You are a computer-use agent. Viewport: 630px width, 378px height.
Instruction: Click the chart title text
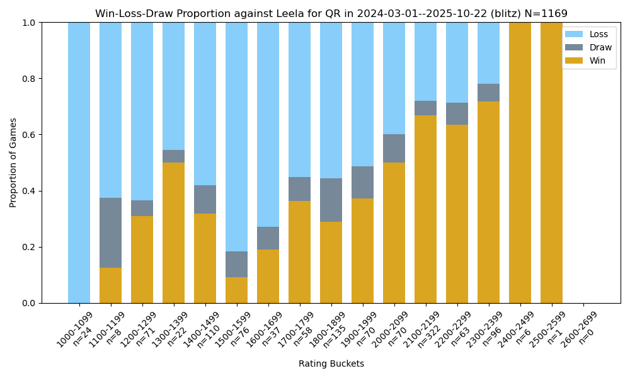click(x=331, y=13)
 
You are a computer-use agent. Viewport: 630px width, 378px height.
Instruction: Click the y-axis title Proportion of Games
click(x=13, y=163)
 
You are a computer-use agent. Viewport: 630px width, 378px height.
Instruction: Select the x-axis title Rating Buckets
click(x=331, y=364)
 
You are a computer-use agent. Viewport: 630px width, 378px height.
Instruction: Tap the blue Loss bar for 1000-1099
click(x=79, y=163)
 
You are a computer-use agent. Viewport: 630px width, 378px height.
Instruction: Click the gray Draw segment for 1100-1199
click(x=111, y=232)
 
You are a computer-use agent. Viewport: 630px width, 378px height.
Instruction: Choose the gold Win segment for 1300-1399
click(x=174, y=232)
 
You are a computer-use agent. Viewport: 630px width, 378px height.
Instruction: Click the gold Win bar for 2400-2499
click(x=520, y=163)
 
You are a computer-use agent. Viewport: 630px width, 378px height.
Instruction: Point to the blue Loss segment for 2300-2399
click(x=489, y=53)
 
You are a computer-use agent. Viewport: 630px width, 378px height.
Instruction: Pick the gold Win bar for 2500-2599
click(x=552, y=163)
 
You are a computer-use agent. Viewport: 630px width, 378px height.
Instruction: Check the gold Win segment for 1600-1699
click(x=268, y=276)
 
